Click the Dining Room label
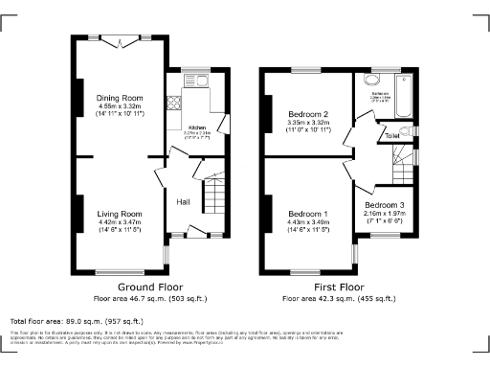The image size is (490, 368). (119, 98)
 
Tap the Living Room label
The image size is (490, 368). (119, 214)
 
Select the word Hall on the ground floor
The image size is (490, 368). (183, 201)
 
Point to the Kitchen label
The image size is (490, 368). (198, 127)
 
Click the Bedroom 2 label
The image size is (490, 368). (308, 113)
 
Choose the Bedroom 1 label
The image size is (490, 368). (308, 214)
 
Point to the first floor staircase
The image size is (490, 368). (403, 172)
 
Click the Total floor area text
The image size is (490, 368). (77, 321)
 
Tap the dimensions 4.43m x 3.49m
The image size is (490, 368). (308, 222)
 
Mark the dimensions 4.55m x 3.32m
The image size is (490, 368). (119, 106)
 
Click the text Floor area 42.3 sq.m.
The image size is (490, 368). (340, 298)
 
